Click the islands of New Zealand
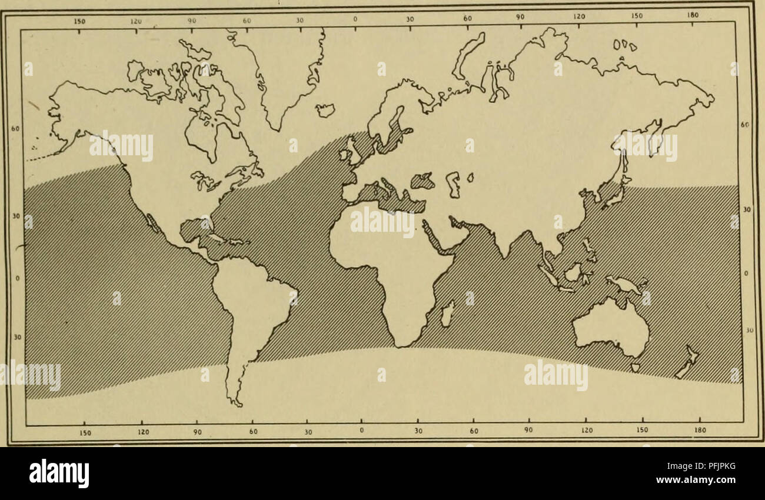687,362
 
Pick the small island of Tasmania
634,368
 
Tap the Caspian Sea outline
451,184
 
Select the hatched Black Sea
423,181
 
